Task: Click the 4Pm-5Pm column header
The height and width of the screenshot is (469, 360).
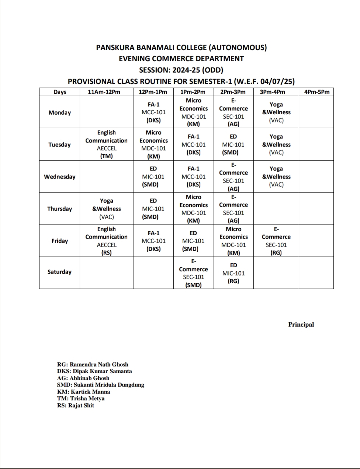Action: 316,92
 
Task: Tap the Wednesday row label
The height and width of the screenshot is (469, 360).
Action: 59,177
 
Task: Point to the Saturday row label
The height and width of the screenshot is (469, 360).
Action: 59,272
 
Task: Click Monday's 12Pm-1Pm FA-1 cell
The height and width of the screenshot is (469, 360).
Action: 153,112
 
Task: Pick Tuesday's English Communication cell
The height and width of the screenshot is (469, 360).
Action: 107,144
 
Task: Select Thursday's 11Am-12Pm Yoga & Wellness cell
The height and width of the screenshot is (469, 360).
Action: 107,209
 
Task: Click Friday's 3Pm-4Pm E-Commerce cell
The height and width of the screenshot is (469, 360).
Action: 276,241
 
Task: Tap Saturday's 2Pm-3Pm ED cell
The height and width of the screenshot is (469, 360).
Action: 233,273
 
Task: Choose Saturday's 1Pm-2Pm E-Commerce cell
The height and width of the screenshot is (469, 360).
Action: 194,273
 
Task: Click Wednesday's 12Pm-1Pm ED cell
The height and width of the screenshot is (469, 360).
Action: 153,177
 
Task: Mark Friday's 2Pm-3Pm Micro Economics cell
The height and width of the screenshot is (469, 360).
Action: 233,241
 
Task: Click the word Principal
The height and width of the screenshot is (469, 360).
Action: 301,324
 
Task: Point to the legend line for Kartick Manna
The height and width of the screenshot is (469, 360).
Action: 84,392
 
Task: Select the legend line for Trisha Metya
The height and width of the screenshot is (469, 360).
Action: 81,399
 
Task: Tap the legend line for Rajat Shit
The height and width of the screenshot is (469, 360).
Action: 76,406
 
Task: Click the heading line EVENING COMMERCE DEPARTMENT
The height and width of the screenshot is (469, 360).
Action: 181,59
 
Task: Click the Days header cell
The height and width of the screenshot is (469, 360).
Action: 59,92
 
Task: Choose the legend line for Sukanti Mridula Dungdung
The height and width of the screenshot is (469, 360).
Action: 100,385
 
